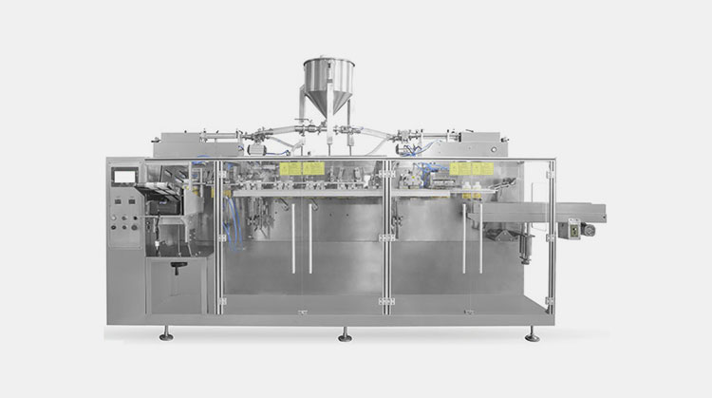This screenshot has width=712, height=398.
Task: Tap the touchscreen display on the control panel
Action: point(123,176)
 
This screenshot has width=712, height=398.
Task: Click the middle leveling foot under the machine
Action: point(344,334)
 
